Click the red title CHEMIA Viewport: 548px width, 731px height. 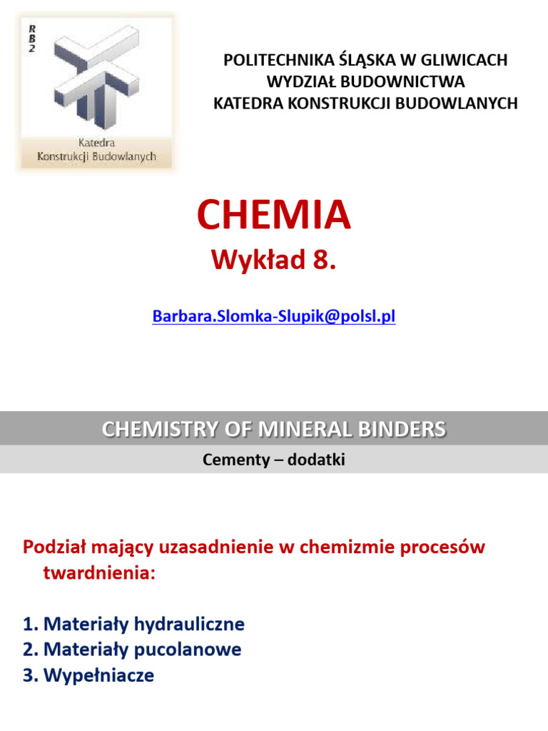tap(274, 215)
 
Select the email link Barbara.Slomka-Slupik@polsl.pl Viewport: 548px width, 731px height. tap(274, 317)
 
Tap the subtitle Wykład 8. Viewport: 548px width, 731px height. tap(273, 262)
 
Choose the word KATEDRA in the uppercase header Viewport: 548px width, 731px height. tap(247, 103)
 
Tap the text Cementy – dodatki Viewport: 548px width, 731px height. tap(274, 460)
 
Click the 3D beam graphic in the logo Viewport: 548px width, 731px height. tap(96, 79)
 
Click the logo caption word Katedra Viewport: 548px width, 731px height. tap(96, 143)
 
